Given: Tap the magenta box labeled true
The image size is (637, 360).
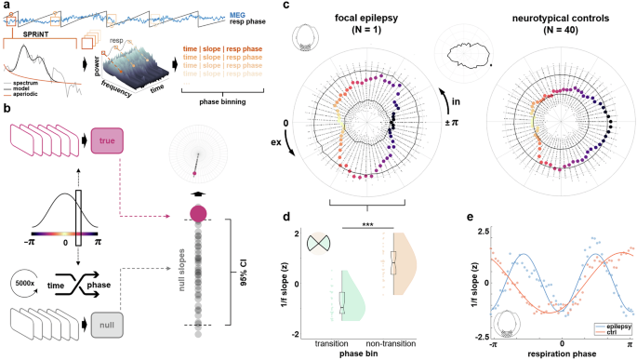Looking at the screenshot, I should pos(105,140).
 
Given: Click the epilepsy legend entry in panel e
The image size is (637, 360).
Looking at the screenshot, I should pos(612,327).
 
